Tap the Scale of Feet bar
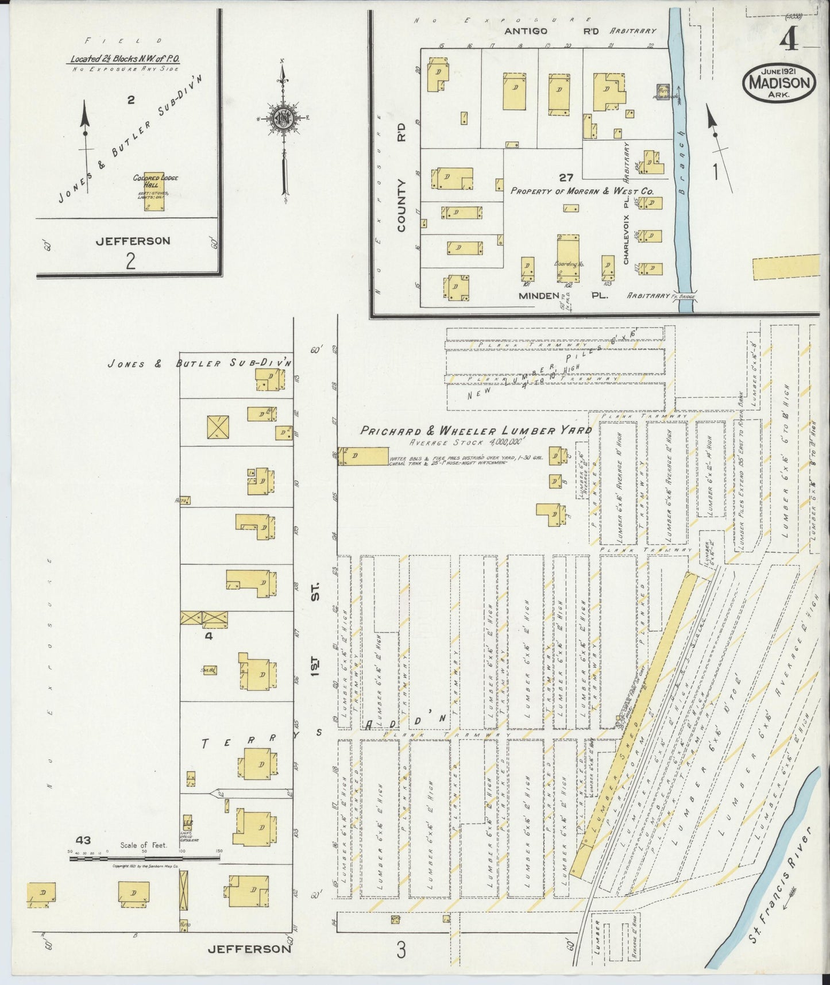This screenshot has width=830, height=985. pos(144,858)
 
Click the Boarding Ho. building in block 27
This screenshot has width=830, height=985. pos(568,257)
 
